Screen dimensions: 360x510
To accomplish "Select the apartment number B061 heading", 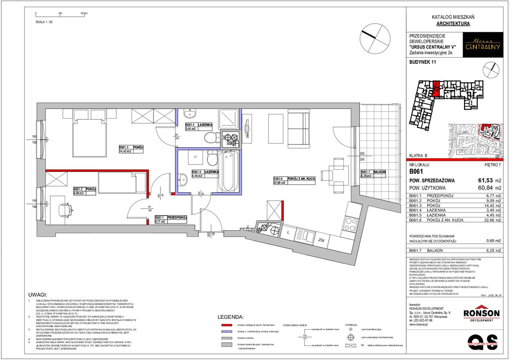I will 417,172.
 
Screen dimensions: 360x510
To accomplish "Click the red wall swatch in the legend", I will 227,324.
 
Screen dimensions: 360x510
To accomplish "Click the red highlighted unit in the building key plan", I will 436,89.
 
